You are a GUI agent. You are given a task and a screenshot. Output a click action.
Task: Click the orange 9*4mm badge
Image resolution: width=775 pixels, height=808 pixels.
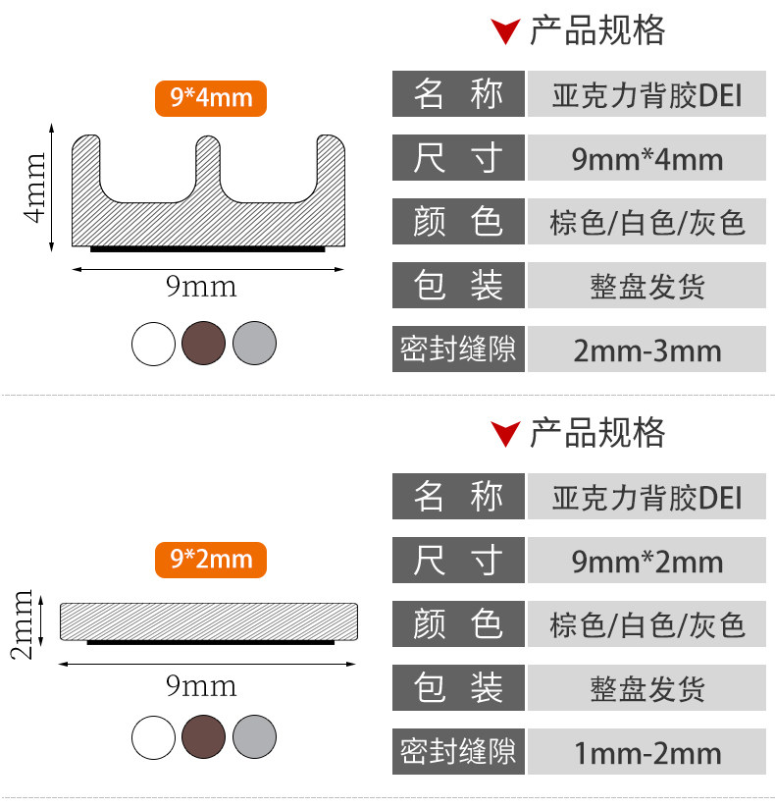click(x=210, y=98)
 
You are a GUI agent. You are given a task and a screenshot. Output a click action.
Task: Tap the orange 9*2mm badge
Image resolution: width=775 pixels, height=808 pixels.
click(x=210, y=560)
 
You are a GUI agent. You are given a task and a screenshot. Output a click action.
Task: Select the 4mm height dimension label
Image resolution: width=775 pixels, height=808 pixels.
click(x=35, y=187)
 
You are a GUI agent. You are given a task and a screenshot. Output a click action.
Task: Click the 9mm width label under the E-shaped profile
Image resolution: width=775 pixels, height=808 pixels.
click(x=201, y=287)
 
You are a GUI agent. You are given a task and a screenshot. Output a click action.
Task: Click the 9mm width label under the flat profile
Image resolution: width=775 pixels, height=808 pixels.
click(x=201, y=685)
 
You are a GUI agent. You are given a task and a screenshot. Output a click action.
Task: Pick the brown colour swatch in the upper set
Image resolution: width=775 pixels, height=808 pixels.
click(x=204, y=343)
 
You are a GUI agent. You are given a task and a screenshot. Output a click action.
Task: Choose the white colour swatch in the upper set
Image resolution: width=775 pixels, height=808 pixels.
click(x=153, y=343)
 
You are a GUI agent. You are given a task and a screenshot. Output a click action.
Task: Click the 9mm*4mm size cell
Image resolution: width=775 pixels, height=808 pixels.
click(x=646, y=159)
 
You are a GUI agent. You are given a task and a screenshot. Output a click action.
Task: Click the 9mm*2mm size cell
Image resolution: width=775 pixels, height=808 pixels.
click(x=646, y=562)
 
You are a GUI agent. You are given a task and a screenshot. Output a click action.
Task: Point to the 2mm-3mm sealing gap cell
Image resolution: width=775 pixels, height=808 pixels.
click(x=646, y=350)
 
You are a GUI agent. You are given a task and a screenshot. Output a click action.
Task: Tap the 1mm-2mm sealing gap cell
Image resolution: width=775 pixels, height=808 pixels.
click(x=646, y=753)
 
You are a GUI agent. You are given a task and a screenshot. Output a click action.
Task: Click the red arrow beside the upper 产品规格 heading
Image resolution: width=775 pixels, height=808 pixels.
click(x=505, y=32)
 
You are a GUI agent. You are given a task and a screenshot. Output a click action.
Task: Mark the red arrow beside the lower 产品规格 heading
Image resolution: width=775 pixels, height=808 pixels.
click(x=505, y=434)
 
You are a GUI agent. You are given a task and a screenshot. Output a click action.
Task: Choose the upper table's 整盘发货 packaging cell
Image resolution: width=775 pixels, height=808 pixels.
click(x=646, y=287)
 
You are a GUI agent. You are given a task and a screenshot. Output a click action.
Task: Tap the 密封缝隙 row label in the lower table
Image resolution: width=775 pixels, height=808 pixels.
click(x=458, y=752)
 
